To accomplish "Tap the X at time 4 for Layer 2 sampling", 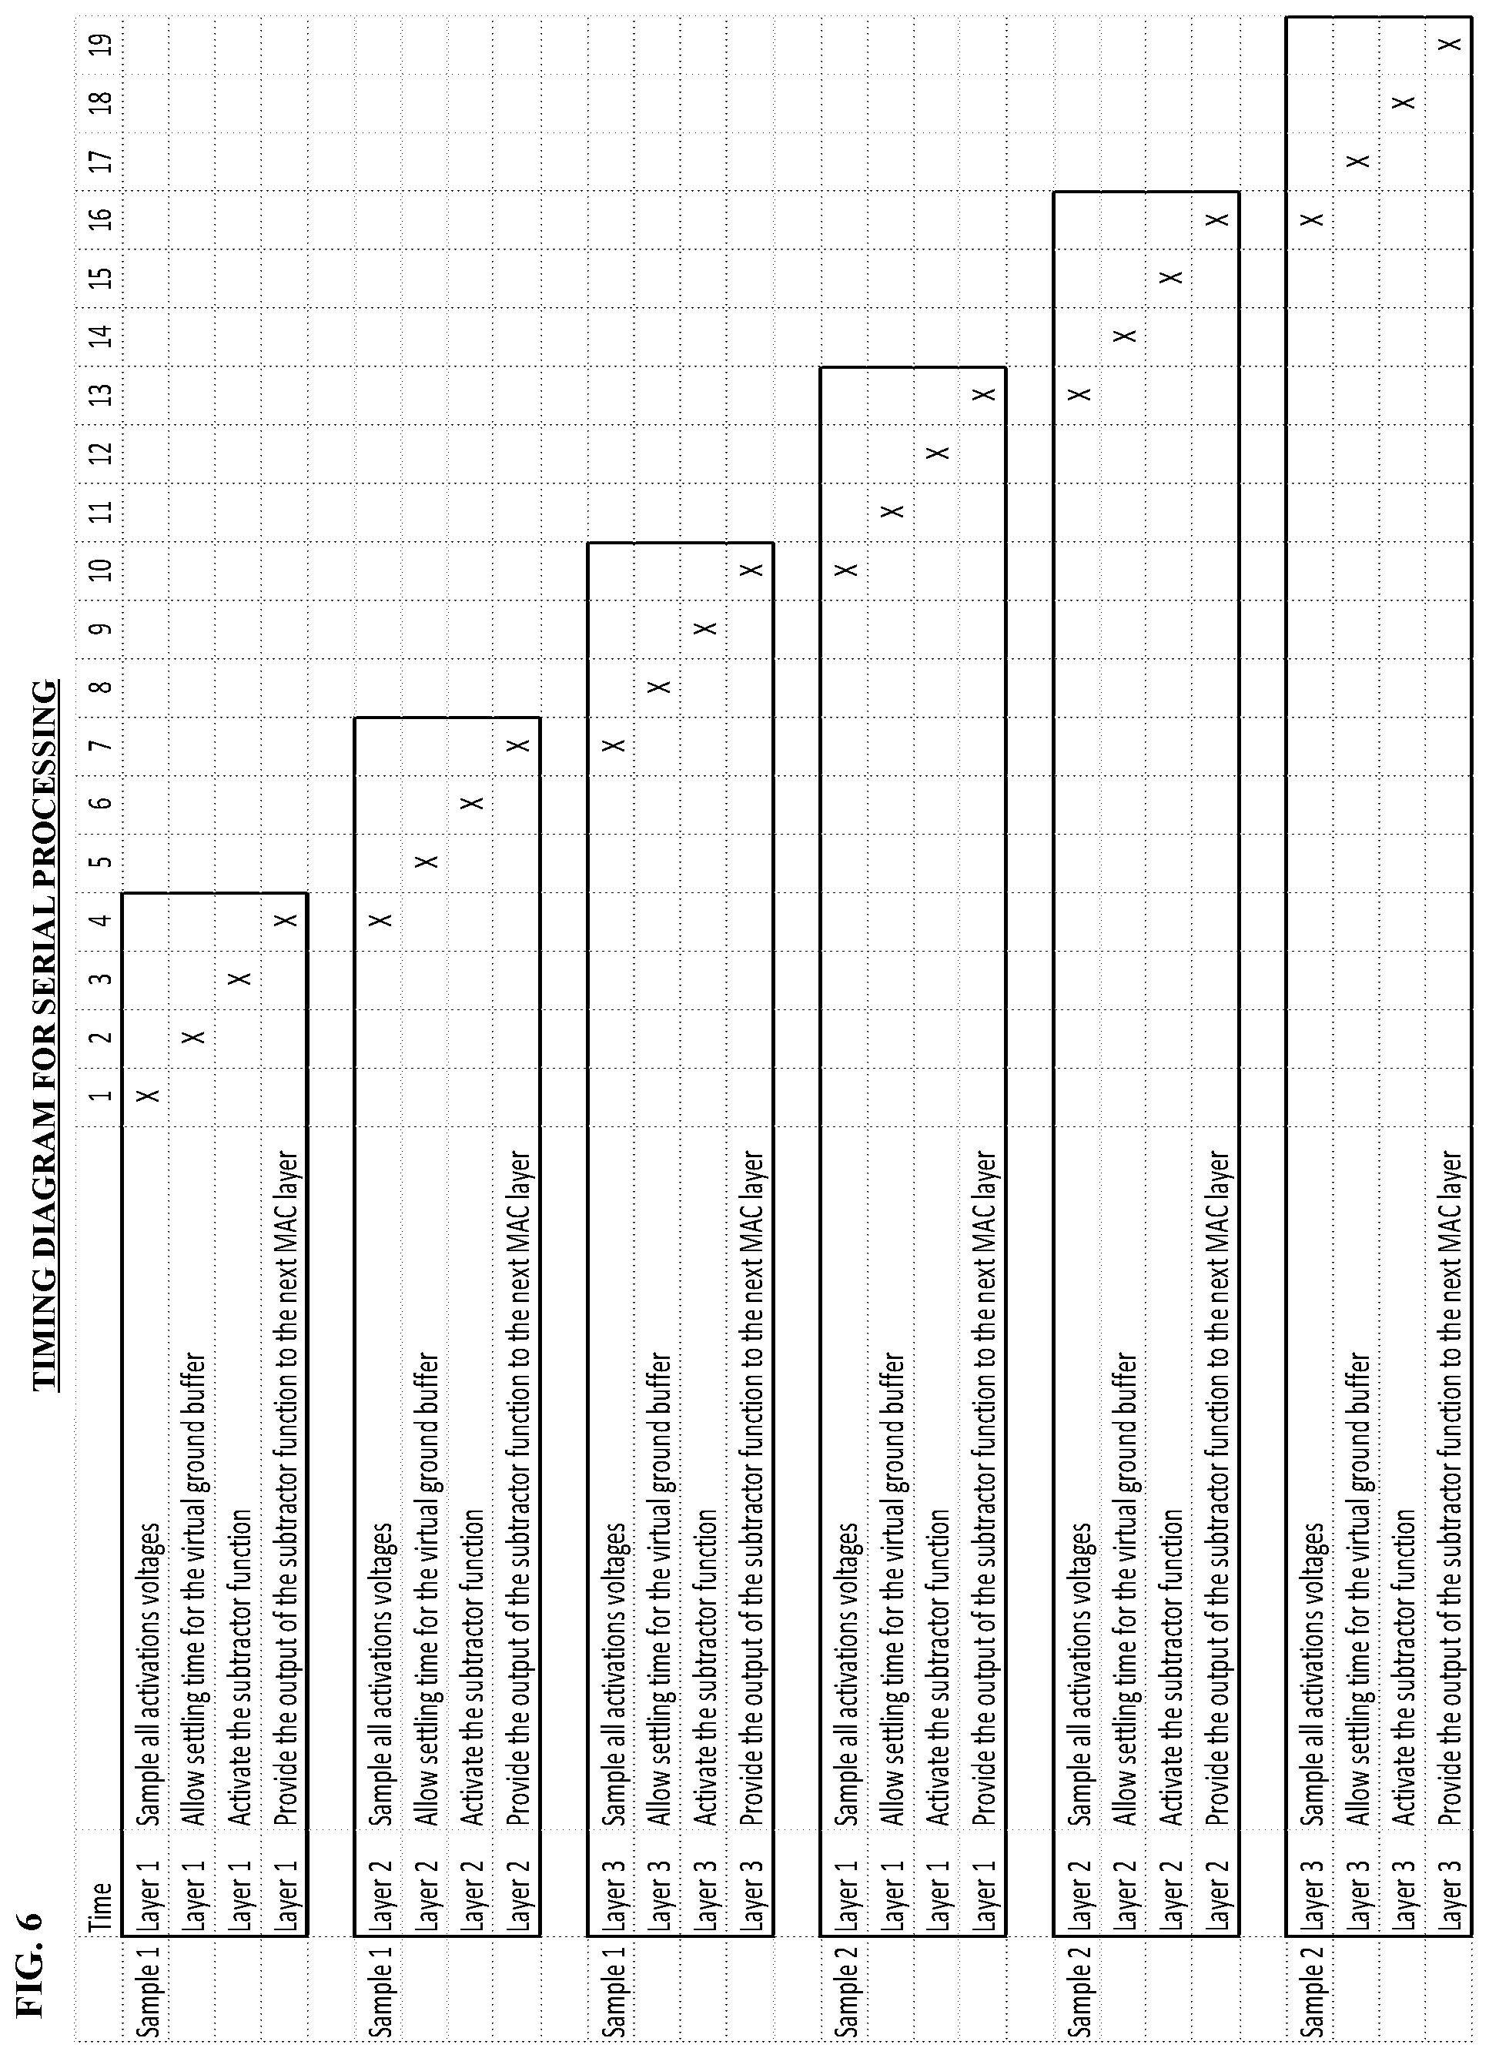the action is [381, 920].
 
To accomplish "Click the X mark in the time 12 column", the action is [939, 452].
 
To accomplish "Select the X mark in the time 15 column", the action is [1172, 276].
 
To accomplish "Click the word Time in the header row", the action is [101, 1875].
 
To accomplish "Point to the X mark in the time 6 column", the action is [472, 803].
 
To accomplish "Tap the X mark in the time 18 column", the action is [1404, 102].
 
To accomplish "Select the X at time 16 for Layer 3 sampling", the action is [1311, 219].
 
